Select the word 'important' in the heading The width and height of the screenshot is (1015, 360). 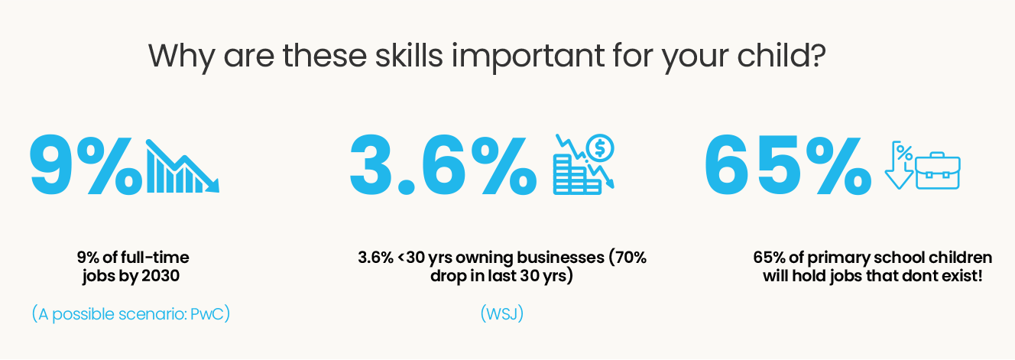click(x=528, y=57)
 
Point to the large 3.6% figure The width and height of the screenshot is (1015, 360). click(x=443, y=165)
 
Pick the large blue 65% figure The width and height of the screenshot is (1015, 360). click(x=788, y=165)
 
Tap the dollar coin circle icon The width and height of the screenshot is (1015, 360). click(x=600, y=148)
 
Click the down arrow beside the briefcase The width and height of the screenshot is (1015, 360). click(x=899, y=166)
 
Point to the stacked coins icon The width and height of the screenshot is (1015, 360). click(x=577, y=175)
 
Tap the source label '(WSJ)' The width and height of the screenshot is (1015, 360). click(x=502, y=313)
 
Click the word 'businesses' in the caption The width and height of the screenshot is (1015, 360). click(x=560, y=258)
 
